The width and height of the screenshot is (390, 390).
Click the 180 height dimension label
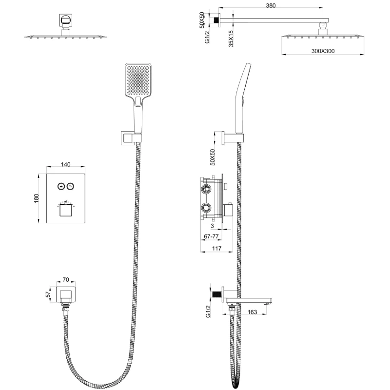(x=36, y=199)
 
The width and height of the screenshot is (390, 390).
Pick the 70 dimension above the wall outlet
(x=65, y=280)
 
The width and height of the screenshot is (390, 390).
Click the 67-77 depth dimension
(x=212, y=236)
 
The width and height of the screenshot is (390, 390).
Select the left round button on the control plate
(x=61, y=186)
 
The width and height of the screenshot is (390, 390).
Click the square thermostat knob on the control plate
(x=65, y=211)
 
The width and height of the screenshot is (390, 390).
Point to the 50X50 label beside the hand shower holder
(x=213, y=156)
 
